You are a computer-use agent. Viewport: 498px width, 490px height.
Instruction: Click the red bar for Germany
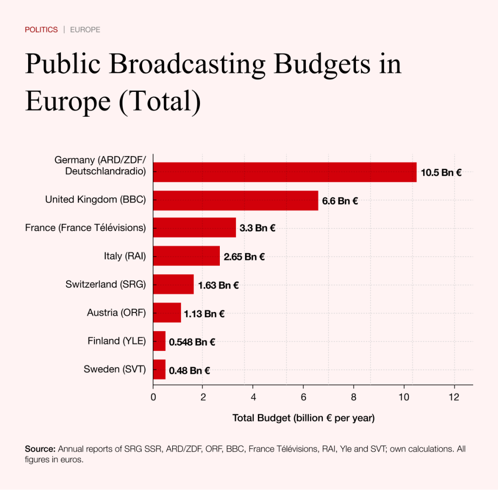[x=285, y=172]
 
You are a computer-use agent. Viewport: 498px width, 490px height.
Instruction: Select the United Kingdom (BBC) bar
[x=235, y=200]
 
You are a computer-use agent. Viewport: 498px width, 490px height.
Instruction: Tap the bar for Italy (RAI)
[x=186, y=256]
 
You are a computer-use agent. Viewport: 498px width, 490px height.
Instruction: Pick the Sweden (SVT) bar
[x=160, y=369]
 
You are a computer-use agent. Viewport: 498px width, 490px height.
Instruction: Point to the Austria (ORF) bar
[x=167, y=313]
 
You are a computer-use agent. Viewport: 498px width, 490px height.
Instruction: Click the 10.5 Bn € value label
[x=441, y=173]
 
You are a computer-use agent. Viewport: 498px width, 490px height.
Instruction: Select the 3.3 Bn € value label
[x=257, y=228]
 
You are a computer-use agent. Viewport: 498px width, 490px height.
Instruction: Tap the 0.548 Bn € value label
[x=192, y=342]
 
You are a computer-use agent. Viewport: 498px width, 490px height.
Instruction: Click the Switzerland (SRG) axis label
[x=106, y=284]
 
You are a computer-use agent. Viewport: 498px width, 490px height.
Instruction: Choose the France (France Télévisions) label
[x=86, y=227]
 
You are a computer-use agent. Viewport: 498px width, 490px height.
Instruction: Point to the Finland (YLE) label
[x=117, y=341]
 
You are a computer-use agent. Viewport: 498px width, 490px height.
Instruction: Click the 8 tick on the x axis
[x=354, y=397]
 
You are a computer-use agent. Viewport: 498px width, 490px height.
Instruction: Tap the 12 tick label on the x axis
[x=454, y=397]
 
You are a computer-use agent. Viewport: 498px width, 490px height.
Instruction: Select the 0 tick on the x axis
[x=153, y=397]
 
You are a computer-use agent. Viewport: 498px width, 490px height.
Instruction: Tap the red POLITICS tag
[x=41, y=30]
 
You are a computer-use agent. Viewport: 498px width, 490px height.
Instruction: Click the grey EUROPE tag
[x=85, y=30]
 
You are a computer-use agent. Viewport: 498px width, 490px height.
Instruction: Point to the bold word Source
[x=40, y=449]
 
